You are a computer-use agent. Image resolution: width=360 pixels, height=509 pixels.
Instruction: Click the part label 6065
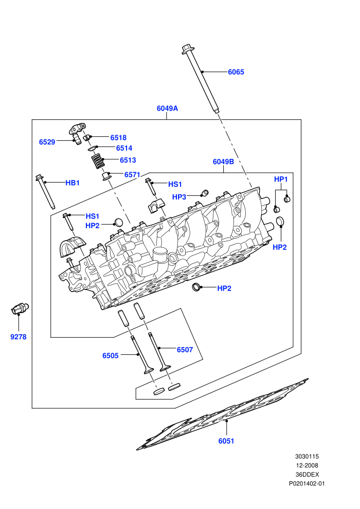pyautogui.click(x=236, y=72)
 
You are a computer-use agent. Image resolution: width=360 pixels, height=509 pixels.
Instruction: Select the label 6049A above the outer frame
pyautogui.click(x=167, y=108)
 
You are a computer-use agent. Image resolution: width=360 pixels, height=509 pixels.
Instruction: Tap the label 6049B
pyautogui.click(x=223, y=161)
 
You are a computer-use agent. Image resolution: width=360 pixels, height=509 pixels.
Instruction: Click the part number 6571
pyautogui.click(x=132, y=175)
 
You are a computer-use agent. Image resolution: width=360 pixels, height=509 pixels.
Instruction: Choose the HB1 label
pyautogui.click(x=73, y=183)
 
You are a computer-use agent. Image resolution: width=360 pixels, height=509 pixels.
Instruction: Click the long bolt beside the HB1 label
pyautogui.click(x=45, y=192)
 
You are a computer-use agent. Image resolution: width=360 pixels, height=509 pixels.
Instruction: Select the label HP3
pyautogui.click(x=179, y=197)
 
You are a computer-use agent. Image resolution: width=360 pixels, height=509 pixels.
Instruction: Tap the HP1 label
pyautogui.click(x=281, y=179)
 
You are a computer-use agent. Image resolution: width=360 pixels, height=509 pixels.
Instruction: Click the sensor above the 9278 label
pyautogui.click(x=20, y=308)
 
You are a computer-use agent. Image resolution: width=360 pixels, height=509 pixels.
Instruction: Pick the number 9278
pyautogui.click(x=19, y=337)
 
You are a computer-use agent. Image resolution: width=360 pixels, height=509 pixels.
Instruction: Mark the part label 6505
pyautogui.click(x=111, y=356)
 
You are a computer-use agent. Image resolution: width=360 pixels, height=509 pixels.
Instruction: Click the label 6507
pyautogui.click(x=185, y=350)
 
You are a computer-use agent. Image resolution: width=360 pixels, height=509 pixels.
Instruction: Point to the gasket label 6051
pyautogui.click(x=226, y=441)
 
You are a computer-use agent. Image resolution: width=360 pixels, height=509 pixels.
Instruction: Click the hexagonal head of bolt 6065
pyautogui.click(x=188, y=49)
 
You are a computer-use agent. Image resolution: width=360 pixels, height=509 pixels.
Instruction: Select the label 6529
pyautogui.click(x=47, y=142)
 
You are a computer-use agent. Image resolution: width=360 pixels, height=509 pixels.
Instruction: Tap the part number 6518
pyautogui.click(x=118, y=138)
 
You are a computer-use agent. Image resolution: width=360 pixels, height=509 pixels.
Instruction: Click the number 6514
pyautogui.click(x=124, y=149)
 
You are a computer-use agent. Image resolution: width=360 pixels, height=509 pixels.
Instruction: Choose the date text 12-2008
pyautogui.click(x=307, y=465)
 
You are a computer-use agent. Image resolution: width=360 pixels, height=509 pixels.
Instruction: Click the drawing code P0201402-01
pyautogui.click(x=307, y=484)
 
